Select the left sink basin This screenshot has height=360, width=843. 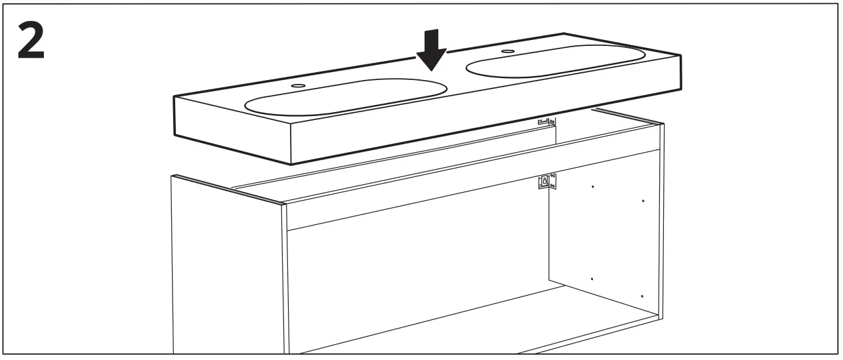(345, 97)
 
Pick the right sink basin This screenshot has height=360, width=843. (555, 62)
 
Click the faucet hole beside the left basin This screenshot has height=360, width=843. (298, 85)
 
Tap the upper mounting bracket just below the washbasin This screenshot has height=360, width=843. (546, 121)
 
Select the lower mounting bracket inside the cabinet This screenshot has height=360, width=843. (546, 182)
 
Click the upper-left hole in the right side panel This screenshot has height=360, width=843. (592, 187)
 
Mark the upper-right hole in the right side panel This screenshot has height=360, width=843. (642, 201)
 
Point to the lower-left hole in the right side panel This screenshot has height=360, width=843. (592, 279)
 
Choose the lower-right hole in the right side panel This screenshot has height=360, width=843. (642, 296)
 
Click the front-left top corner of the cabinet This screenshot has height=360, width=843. (283, 204)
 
